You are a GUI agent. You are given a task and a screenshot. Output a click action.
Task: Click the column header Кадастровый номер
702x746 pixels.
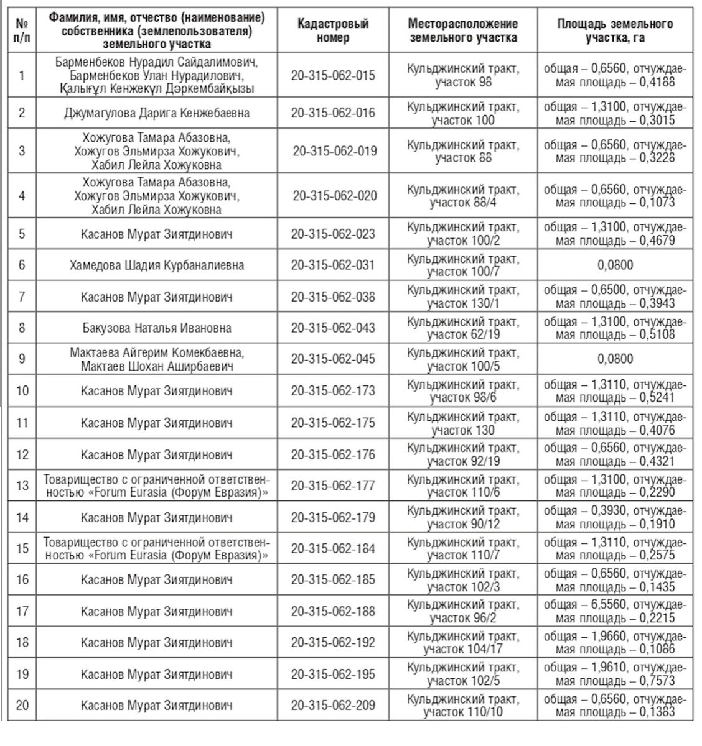pos(333,30)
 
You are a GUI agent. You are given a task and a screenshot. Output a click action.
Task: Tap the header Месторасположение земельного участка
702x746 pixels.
pos(462,30)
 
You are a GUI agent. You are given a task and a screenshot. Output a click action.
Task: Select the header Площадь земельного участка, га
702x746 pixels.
pos(615,30)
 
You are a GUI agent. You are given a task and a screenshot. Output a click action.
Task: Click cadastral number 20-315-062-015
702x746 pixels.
pos(333,75)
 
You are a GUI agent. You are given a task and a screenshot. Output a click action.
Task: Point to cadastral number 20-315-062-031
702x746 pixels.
pos(333,265)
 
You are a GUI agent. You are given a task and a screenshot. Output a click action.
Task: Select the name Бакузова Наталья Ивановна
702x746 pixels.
pos(157,328)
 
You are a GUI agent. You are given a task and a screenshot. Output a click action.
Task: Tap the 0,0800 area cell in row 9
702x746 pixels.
pos(615,359)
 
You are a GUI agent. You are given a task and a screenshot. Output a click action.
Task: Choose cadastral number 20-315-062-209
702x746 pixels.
pos(333,706)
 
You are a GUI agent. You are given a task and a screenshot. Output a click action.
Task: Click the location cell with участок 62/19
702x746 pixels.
pos(462,328)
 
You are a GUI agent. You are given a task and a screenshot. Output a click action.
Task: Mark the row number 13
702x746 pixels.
pos(22,486)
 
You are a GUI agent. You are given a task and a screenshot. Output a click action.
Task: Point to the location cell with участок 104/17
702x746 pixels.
pos(462,642)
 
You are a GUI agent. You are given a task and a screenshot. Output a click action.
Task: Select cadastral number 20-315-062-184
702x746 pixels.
pos(333,548)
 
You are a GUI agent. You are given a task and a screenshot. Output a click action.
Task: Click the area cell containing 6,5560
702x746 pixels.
pos(615,611)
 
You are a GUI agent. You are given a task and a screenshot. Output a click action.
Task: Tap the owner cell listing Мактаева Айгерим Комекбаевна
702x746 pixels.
pos(157,359)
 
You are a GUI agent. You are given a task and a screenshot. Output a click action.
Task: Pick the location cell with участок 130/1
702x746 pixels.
pos(462,297)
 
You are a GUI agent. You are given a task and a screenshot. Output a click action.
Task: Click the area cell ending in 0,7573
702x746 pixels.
pos(615,675)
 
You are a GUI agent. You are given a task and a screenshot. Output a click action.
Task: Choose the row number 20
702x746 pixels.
pos(22,706)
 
